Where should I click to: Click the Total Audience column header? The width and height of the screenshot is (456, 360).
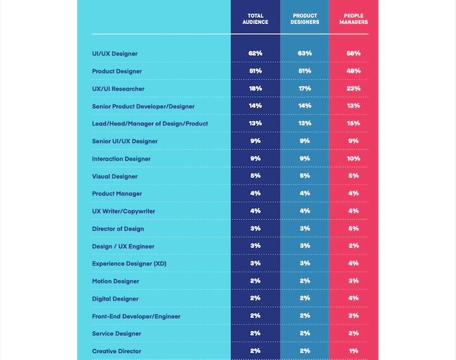click(x=255, y=19)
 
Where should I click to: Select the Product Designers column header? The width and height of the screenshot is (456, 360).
click(x=305, y=19)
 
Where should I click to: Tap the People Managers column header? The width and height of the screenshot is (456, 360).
click(x=353, y=19)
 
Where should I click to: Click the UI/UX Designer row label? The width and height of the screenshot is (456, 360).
click(x=115, y=54)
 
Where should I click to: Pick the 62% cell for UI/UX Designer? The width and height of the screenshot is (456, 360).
click(x=255, y=54)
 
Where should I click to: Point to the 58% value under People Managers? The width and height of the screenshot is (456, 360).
click(x=353, y=54)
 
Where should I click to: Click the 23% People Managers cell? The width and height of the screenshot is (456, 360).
click(x=353, y=89)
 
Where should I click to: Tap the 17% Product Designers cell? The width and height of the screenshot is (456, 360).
click(x=305, y=89)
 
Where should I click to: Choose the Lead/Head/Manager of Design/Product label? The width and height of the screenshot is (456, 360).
click(x=149, y=123)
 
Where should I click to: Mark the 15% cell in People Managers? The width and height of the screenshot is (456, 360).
click(x=353, y=123)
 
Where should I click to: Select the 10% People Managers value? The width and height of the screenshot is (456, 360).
click(x=353, y=159)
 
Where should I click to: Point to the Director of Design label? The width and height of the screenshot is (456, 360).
click(x=118, y=228)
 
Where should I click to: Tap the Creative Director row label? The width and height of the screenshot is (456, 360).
click(x=117, y=351)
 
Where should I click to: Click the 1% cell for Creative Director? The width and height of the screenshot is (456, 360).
click(x=353, y=351)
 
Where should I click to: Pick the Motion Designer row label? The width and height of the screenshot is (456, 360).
click(x=115, y=281)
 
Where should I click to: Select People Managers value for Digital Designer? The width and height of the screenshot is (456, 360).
click(x=353, y=299)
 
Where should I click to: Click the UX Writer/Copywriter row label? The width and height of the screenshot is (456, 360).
click(x=123, y=211)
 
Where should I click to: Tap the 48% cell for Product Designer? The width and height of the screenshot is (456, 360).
click(x=353, y=71)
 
